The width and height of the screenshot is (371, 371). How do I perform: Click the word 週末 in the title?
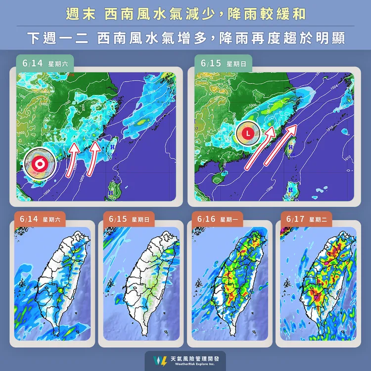(81, 14)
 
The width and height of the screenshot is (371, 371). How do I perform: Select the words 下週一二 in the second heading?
(57, 38)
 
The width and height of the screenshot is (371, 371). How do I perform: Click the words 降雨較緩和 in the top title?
(267, 14)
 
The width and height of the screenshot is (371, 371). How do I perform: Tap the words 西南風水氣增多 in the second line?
(149, 38)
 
